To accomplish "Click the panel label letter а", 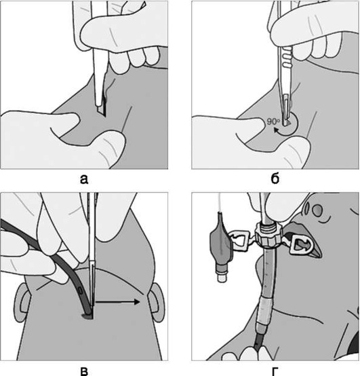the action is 84,179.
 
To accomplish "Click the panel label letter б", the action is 275,178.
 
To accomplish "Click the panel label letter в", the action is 84,371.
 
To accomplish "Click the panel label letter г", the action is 275,371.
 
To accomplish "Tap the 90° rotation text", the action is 273,121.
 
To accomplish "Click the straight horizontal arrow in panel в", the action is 117,301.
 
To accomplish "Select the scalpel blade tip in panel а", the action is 104,115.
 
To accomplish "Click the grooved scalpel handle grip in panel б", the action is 287,56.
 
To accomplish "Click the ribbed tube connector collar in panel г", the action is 268,236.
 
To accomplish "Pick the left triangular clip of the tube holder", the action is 239,241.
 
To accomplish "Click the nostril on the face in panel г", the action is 317,210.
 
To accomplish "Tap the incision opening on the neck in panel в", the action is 87,316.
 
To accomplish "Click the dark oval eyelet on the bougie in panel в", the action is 81,293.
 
